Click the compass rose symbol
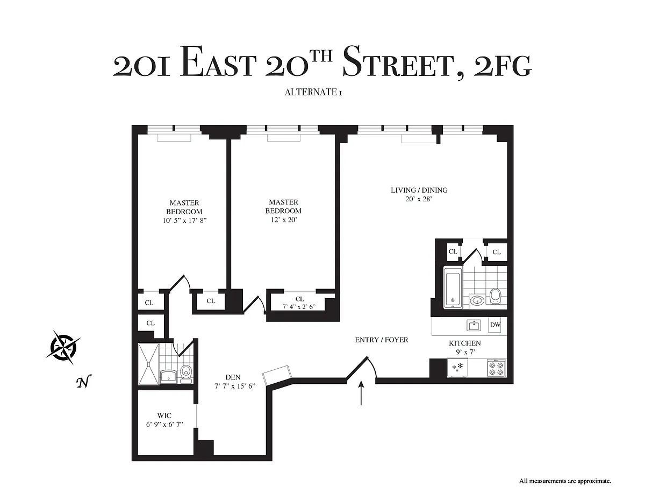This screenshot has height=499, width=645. coord(63,347)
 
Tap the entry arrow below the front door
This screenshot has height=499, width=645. coord(361,393)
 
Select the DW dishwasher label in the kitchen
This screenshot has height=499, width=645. coord(495,325)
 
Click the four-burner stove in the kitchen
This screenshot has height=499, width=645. coord(497,368)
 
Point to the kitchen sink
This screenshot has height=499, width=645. coord(474,326)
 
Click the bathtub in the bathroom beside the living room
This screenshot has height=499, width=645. coord(453,287)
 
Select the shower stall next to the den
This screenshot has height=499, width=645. coord(148,364)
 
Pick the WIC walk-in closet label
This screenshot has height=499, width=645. coord(164,415)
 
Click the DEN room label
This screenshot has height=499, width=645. coord(233,377)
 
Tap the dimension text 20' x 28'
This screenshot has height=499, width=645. coord(419,199)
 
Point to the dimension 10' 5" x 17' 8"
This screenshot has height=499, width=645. coord(184,221)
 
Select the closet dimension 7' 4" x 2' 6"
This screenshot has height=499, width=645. coord(299,307)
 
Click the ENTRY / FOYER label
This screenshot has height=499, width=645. coord(382,340)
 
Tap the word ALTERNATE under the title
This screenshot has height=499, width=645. coord(311,92)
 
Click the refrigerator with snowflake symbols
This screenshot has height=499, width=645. coord(457,368)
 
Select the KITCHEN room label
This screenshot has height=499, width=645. coord(464,343)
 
